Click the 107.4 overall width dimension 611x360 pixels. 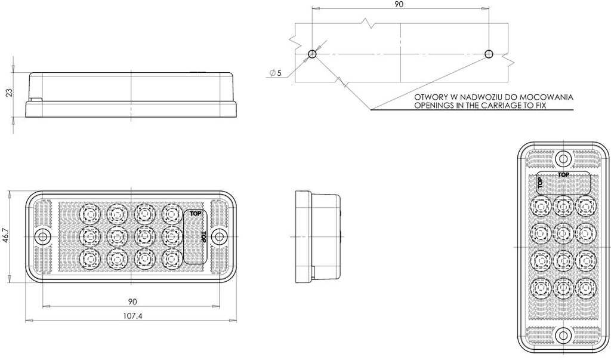[x=132, y=316]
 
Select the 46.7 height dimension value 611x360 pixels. [x=6, y=236]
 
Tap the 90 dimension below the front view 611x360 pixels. [x=132, y=301]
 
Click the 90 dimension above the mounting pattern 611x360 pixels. [x=399, y=4]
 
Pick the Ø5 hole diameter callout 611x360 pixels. [x=276, y=73]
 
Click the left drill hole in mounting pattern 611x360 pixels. [x=312, y=54]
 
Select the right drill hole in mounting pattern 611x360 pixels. [x=489, y=54]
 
